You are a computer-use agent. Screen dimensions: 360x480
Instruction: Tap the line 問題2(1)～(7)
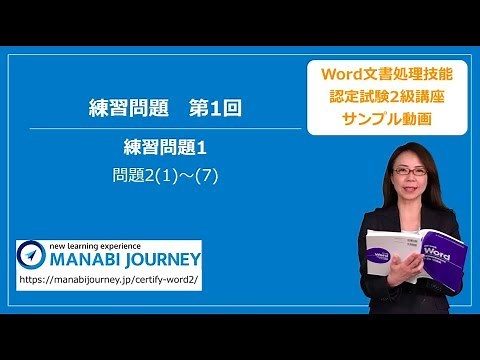pyautogui.click(x=165, y=175)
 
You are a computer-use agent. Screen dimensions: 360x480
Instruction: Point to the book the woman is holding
pyautogui.click(x=415, y=260)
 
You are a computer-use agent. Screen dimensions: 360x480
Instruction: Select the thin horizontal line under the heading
pyautogui.click(x=165, y=129)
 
